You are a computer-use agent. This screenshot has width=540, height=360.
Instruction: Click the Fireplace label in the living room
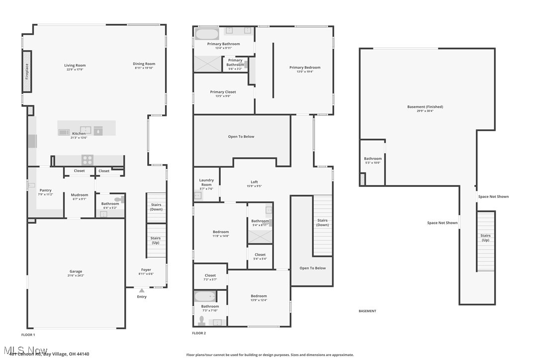point(27,71)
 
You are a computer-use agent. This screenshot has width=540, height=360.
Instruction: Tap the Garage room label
point(76,271)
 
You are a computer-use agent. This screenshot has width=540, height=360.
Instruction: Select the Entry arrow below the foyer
point(142,290)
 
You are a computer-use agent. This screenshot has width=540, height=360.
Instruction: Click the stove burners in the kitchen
point(88,160)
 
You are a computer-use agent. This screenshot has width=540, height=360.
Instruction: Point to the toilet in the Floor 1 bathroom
point(118,200)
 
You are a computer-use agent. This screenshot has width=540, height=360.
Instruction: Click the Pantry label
point(46,190)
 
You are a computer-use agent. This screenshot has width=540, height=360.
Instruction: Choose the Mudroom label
point(80,195)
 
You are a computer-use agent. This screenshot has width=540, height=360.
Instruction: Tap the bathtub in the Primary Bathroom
point(206,34)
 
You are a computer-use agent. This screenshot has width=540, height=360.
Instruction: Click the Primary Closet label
point(223,92)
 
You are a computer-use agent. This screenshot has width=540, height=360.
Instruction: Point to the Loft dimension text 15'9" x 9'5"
point(254,186)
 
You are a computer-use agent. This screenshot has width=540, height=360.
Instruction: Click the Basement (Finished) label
point(425,107)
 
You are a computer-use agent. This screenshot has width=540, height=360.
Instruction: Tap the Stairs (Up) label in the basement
point(485,238)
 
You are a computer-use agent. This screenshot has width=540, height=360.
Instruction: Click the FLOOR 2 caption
point(199,333)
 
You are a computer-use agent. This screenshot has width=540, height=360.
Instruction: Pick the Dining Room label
point(144,64)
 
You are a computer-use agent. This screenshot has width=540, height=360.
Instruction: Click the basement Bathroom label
point(372,159)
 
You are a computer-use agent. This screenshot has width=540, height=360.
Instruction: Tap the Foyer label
point(146,270)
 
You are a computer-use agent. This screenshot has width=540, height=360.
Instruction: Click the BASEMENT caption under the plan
point(367,311)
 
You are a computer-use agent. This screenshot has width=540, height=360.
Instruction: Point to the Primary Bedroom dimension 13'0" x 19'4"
point(305,72)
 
